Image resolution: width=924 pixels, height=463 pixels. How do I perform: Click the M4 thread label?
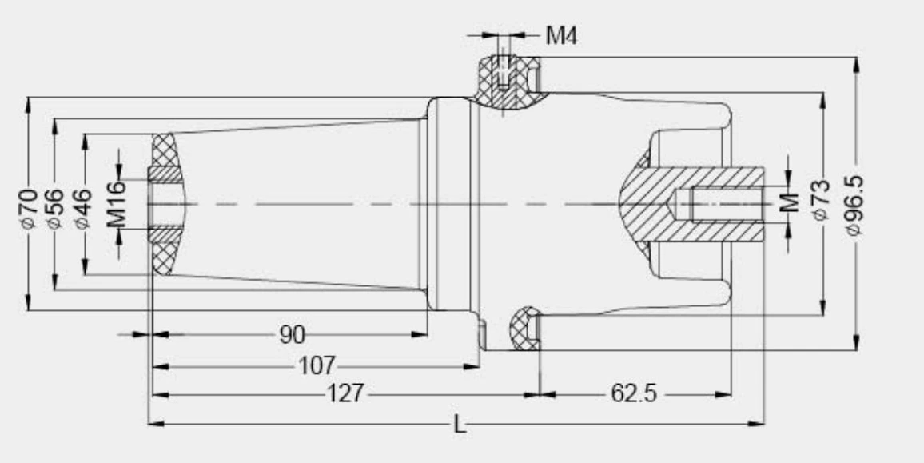pyautogui.click(x=561, y=35)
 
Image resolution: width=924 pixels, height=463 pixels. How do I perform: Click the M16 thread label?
pyautogui.click(x=117, y=204)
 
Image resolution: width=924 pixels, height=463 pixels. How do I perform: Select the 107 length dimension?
pyautogui.click(x=317, y=366)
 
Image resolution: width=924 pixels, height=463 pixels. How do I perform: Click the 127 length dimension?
pyautogui.click(x=345, y=394)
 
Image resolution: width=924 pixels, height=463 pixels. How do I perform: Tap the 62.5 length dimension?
pyautogui.click(x=635, y=394)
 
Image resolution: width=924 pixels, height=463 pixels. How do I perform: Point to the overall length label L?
pyautogui.click(x=460, y=425)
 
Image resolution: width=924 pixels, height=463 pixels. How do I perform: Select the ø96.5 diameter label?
pyautogui.click(x=856, y=205)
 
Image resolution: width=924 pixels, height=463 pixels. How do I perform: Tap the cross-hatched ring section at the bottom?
pyautogui.click(x=524, y=328)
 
